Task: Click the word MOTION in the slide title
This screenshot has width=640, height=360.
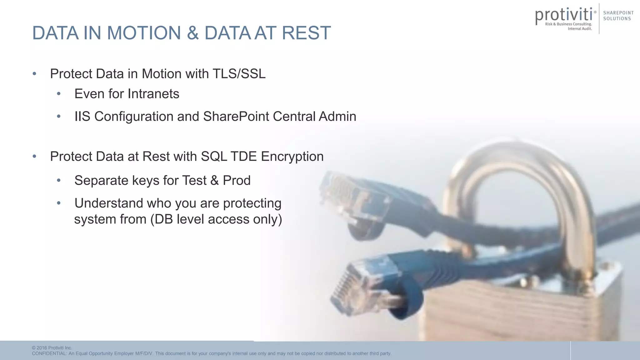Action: (x=144, y=33)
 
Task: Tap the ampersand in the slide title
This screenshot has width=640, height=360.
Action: (x=193, y=33)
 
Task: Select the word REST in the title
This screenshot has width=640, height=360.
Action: (x=306, y=33)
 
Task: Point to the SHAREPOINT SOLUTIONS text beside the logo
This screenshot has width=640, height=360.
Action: (x=618, y=16)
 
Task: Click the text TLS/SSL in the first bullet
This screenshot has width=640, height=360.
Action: (x=239, y=74)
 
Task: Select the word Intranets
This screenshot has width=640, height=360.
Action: (x=153, y=94)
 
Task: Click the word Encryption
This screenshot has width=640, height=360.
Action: (x=292, y=156)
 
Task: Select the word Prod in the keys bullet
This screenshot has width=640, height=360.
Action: (x=237, y=180)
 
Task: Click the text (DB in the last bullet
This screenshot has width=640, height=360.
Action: (x=162, y=219)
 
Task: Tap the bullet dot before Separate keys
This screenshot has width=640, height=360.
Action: (x=59, y=180)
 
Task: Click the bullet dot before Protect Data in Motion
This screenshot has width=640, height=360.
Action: (x=34, y=74)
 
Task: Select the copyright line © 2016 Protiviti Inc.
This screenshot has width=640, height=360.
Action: (x=52, y=348)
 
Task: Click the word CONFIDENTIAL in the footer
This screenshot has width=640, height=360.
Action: (x=49, y=353)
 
